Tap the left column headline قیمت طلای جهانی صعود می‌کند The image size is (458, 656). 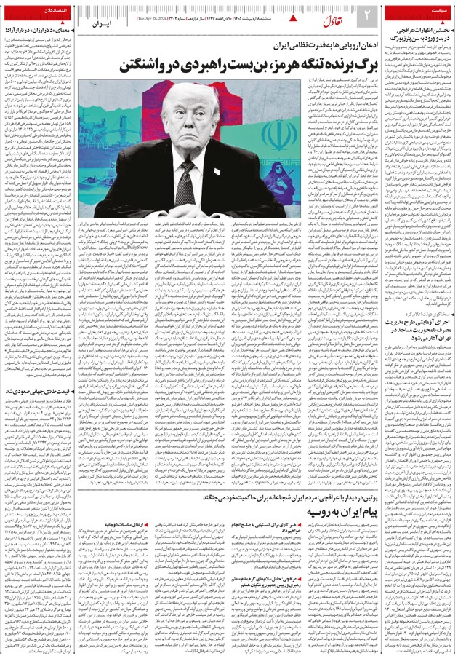click(44, 390)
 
